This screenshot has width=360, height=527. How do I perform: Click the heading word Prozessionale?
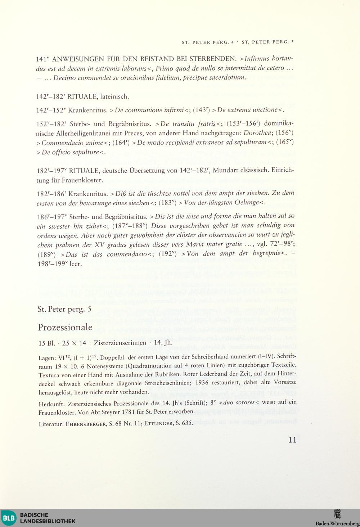[x=65, y=328]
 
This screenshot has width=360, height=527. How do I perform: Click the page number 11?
[x=292, y=440]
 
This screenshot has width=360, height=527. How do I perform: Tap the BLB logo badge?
[x=9, y=518]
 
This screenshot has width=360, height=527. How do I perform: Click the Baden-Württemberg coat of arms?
[x=338, y=514]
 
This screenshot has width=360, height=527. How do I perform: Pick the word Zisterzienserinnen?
[x=120, y=343]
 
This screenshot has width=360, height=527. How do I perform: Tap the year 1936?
[x=203, y=383]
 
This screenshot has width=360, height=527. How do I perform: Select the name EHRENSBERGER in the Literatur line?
[x=86, y=424]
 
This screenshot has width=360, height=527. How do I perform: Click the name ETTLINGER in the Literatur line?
[x=159, y=424]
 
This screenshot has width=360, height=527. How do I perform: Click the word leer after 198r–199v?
[x=75, y=263]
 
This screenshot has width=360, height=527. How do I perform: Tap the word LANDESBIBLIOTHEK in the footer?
[x=48, y=521]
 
